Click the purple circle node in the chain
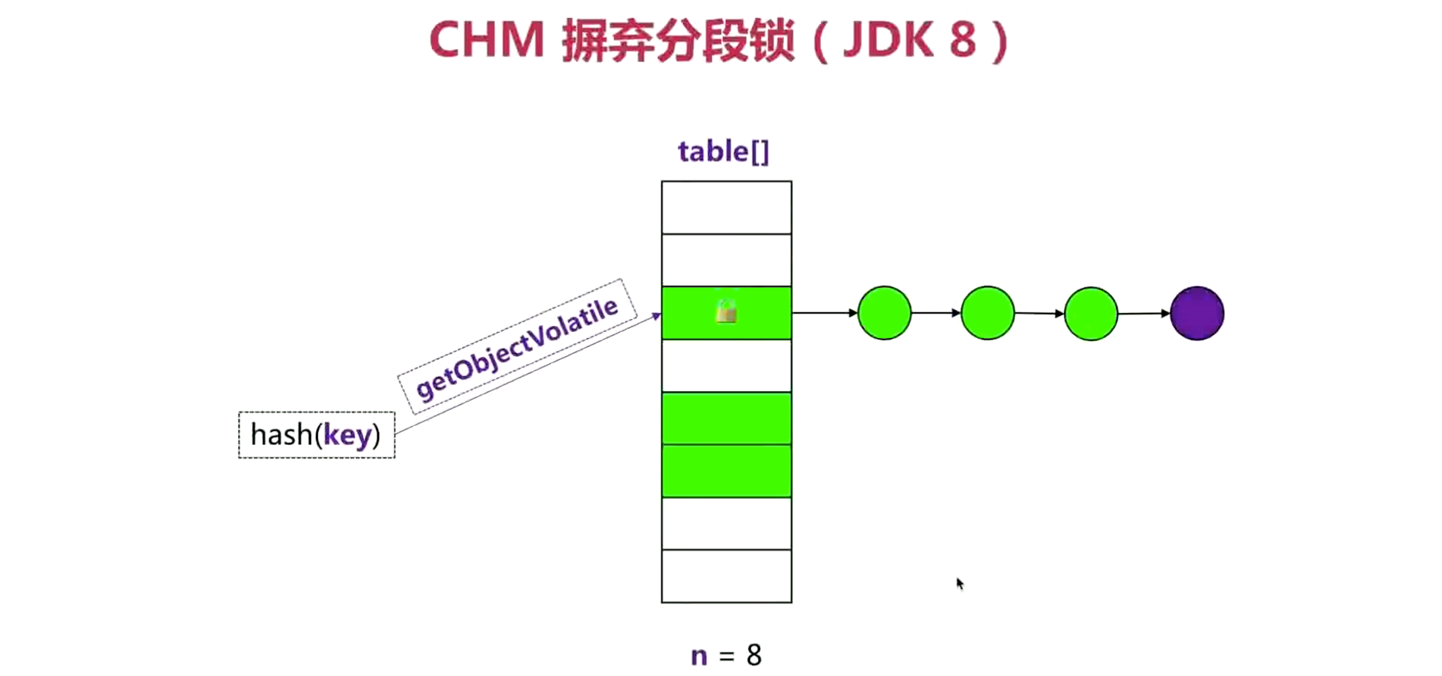point(1197,313)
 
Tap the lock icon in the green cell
point(726,311)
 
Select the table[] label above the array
point(723,151)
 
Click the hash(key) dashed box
point(316,435)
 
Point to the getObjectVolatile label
point(517,347)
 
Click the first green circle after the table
point(885,313)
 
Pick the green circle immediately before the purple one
point(1091,313)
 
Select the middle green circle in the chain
point(988,313)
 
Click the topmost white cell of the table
point(726,207)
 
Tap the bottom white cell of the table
point(726,576)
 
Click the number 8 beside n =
point(753,655)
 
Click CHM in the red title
point(486,40)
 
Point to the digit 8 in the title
point(962,40)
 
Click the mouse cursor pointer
point(959,583)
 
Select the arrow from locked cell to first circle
point(824,312)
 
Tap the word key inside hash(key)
point(347,436)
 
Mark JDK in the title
point(889,40)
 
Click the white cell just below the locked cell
point(726,365)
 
